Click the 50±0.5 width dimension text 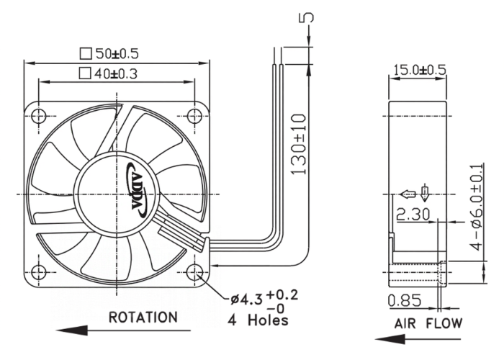[117, 54]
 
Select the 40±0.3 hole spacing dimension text [116, 74]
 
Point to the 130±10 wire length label [299, 145]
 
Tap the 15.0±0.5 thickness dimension [420, 70]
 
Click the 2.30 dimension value [413, 215]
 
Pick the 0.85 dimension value [405, 300]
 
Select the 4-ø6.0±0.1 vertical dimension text [477, 207]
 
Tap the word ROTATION [143, 318]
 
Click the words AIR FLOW [428, 323]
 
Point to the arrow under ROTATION [123, 330]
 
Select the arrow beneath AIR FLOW [418, 339]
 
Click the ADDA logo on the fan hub [138, 189]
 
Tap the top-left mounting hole [39, 116]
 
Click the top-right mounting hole [195, 116]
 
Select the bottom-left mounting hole [39, 272]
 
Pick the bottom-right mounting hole [195, 272]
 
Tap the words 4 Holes [258, 320]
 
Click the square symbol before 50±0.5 [86, 54]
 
